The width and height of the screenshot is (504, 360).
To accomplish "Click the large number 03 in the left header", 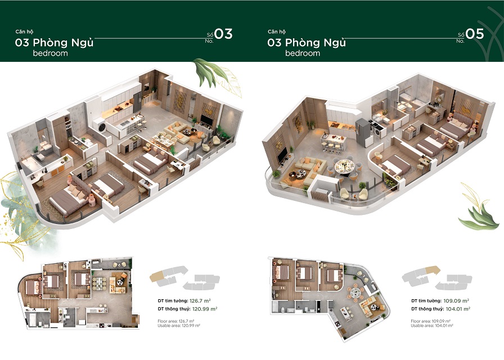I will pos(223,34).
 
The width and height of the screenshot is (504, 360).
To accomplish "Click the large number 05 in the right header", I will pos(475,34).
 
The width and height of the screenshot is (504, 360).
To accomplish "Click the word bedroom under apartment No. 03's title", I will pos(50,53).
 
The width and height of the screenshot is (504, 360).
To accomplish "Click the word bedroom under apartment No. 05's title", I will pos(302,53).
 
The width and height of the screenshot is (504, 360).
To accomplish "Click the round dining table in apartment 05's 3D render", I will pos(344,166).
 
